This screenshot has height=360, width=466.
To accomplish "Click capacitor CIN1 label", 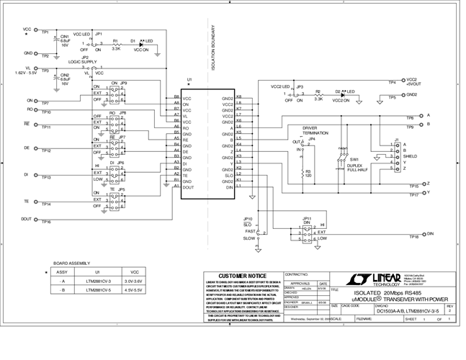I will tap(64, 36).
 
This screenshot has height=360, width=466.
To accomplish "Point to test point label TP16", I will tap(46, 222).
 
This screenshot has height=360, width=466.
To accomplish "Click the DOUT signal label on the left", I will tap(26, 219).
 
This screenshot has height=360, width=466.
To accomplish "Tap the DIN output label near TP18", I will tap(431, 233).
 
